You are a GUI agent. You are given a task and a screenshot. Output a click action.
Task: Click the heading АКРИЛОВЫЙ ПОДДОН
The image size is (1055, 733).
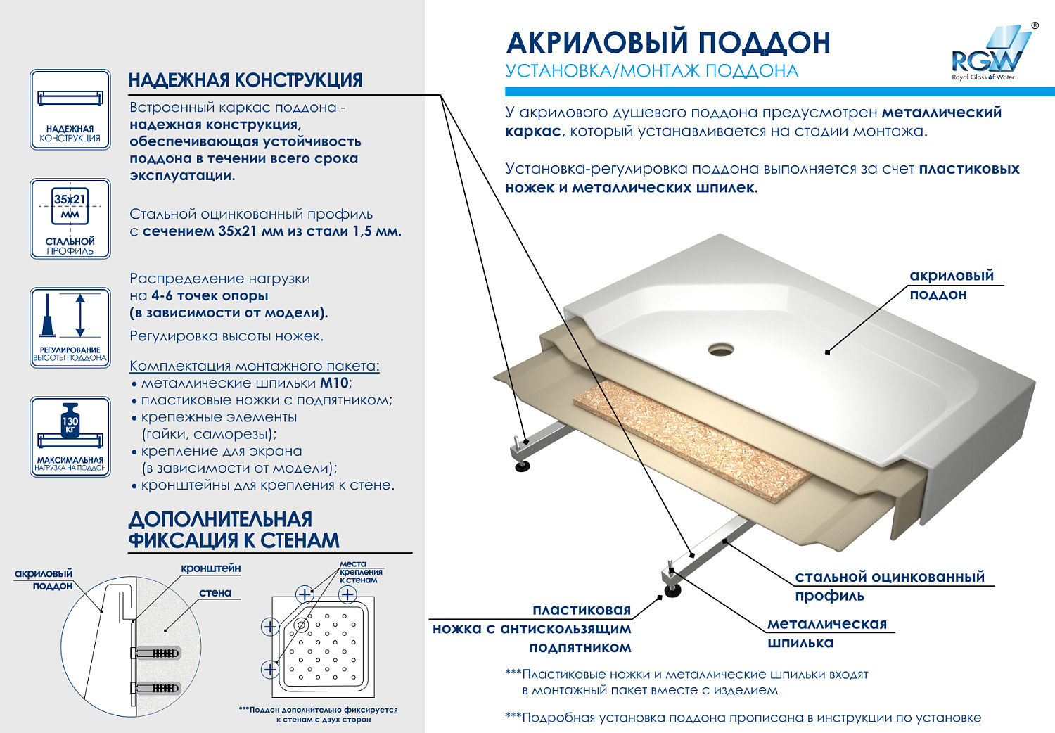tap(668, 42)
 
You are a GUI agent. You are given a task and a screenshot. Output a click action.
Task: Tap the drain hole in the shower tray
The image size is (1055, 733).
tap(721, 348)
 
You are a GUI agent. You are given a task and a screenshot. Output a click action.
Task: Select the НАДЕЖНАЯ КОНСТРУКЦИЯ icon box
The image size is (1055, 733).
tap(70, 110)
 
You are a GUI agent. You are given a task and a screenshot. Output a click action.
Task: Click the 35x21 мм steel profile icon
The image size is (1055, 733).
tap(70, 219)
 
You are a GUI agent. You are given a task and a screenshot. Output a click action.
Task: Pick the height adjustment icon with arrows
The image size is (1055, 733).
tap(70, 327)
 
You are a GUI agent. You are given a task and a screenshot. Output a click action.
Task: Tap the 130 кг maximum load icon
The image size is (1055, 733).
tap(70, 436)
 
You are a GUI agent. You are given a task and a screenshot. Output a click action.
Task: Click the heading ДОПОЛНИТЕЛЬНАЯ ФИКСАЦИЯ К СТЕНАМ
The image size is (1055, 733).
tap(234, 530)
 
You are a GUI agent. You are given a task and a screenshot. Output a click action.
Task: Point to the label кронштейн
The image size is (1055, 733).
tap(210, 568)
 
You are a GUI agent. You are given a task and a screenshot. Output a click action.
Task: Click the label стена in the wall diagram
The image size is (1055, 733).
tap(215, 593)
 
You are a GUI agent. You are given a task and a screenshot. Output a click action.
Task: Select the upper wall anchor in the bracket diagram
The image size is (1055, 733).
tap(156, 653)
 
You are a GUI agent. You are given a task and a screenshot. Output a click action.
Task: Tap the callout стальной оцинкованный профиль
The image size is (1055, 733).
tap(890, 586)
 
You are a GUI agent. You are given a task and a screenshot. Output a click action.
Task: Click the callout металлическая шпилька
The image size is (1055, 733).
tap(827, 633)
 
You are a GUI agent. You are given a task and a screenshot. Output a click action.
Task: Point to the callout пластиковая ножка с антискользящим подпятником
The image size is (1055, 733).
tap(532, 629)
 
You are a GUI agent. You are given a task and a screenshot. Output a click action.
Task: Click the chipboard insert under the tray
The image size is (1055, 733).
tap(693, 440)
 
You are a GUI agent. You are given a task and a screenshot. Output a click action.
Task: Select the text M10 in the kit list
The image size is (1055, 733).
tap(334, 383)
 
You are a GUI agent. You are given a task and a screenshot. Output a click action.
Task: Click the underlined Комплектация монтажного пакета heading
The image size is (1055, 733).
tap(255, 366)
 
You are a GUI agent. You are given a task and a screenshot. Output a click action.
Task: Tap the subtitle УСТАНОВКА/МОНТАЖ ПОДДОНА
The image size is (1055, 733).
tap(652, 71)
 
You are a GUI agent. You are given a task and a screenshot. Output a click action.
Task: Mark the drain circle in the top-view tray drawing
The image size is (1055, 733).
tap(301, 625)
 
